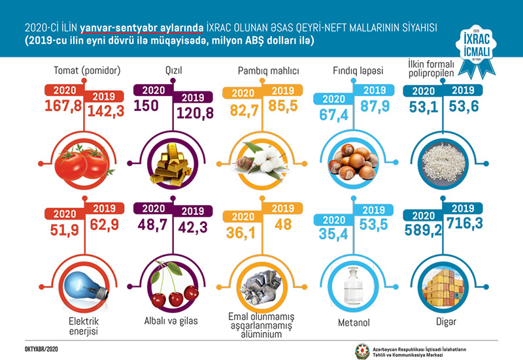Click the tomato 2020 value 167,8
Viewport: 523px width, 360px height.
pos(63,106)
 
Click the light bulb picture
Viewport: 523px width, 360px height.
pos(84,287)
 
